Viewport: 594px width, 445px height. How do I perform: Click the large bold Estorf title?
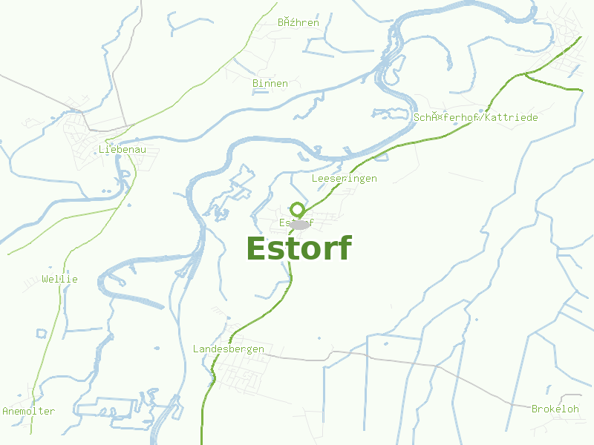tap(298, 248)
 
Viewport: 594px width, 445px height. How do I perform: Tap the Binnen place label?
tap(270, 83)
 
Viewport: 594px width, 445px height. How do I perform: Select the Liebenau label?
tap(123, 149)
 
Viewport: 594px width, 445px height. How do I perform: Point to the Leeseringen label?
tap(345, 179)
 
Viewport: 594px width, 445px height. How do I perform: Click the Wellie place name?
tap(60, 280)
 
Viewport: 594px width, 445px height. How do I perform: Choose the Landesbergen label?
tap(229, 349)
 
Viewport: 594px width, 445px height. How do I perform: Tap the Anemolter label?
tap(29, 411)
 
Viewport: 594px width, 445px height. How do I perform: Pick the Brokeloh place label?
tap(555, 409)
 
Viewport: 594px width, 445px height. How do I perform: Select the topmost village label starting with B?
tap(298, 22)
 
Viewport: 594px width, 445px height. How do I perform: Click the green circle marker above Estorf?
tap(298, 210)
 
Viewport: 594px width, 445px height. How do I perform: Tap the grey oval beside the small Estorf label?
tap(300, 223)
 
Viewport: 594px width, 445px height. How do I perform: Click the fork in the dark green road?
tap(524, 73)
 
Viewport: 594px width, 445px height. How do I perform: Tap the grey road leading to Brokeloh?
tap(475, 382)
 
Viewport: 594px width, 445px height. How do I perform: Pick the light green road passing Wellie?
tap(53, 326)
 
